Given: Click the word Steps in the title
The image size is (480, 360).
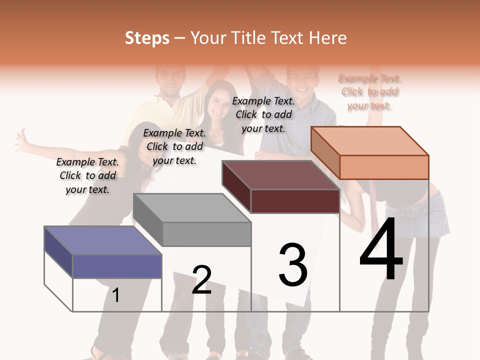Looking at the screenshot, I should click(147, 38).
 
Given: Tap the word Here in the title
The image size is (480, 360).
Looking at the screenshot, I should click(327, 38).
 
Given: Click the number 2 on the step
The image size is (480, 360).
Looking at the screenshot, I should click(201, 279).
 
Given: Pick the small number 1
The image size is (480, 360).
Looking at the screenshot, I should click(116, 295).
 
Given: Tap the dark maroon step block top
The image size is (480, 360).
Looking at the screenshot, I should click(280, 175).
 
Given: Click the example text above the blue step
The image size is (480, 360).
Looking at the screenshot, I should click(87, 175).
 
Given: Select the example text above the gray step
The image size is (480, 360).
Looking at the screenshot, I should click(174, 146).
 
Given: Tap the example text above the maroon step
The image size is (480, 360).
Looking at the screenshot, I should click(263, 114).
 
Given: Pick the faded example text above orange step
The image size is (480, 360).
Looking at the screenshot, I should click(369, 92).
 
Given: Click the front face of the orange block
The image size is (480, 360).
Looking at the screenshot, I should click(384, 167).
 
